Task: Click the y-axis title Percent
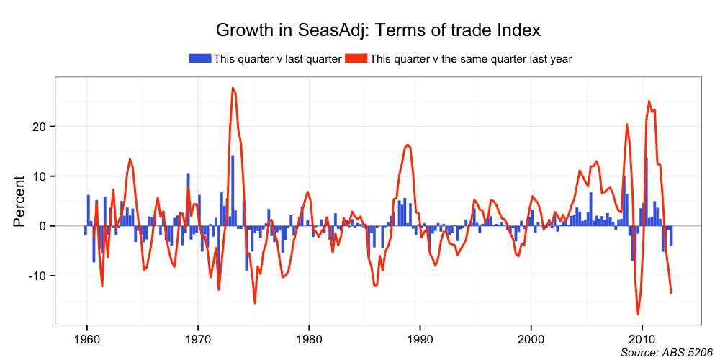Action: tap(19, 201)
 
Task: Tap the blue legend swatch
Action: tap(199, 58)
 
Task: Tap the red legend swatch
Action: tap(356, 58)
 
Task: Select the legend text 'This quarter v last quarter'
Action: tap(276, 59)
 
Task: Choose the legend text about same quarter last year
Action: tap(470, 59)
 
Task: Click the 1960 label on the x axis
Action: tap(86, 338)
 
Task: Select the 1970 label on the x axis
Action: tap(197, 338)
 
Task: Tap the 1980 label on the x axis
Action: tap(309, 338)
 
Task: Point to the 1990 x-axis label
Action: tap(420, 338)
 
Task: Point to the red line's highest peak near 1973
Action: tap(233, 88)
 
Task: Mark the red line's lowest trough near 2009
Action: tap(638, 314)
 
